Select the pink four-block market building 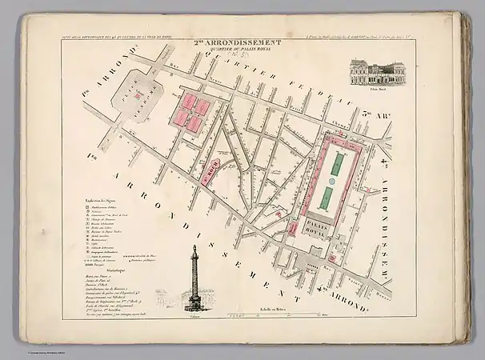click(x=192, y=113)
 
